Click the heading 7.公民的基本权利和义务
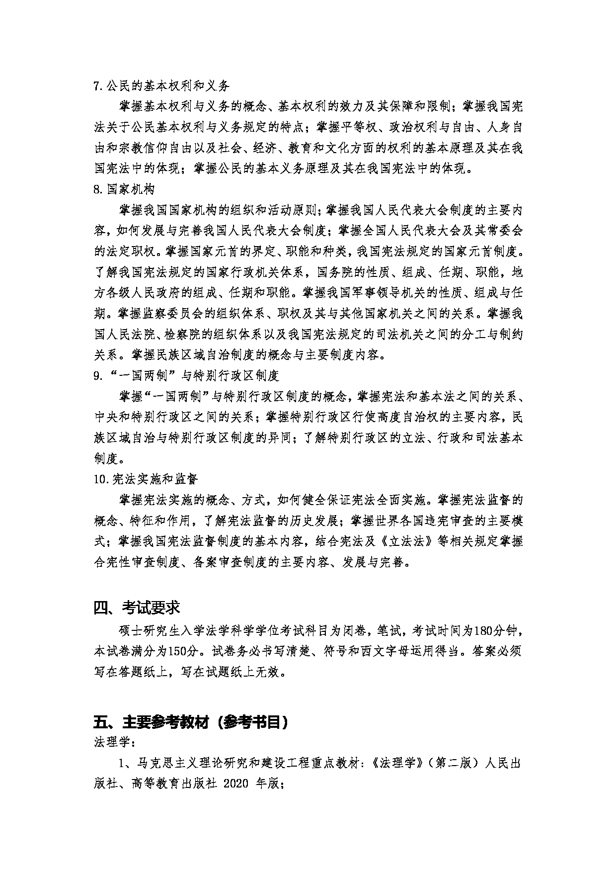pos(162,86)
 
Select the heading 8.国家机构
pos(124,189)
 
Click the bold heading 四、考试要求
pos(137,608)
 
